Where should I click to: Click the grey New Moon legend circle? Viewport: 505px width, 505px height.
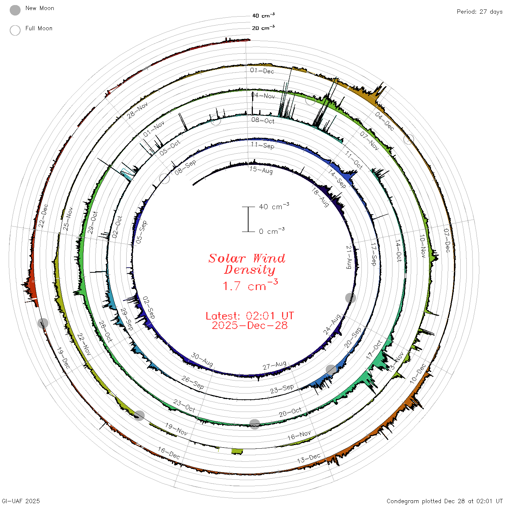coord(15,10)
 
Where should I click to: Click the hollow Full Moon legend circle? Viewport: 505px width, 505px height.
coord(15,30)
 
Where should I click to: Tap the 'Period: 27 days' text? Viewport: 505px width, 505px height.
coord(479,12)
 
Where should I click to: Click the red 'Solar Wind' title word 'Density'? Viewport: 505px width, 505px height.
coord(249,270)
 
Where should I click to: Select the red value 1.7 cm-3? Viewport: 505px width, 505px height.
coord(250,285)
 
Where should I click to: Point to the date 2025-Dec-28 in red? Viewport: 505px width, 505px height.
coord(250,325)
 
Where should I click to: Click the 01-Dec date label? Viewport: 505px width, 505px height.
coord(262,71)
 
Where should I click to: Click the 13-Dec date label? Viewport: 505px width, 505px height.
coord(309,458)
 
